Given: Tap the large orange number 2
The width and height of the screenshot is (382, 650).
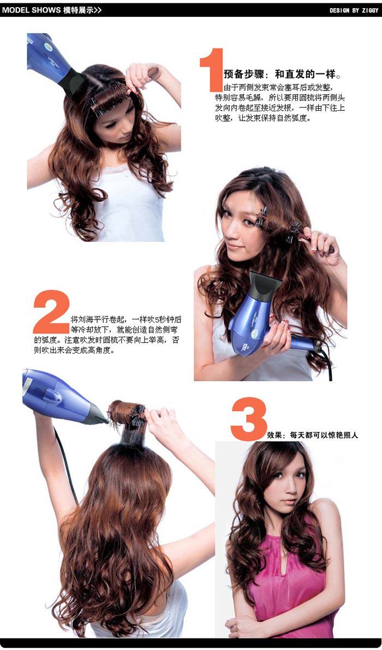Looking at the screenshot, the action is click(x=52, y=312).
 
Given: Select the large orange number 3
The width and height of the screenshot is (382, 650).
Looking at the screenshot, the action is click(x=249, y=419).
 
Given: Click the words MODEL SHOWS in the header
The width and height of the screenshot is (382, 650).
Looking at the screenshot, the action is click(x=32, y=10).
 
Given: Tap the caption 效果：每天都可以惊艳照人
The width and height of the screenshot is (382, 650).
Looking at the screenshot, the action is click(x=312, y=436).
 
